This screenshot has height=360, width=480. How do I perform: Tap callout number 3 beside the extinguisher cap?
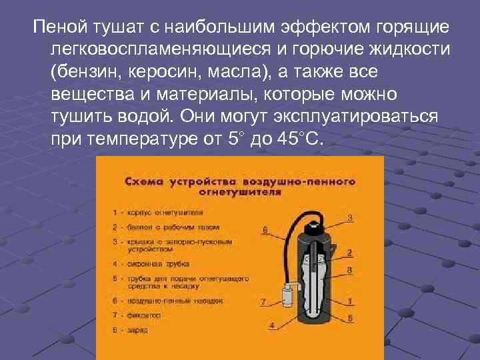[x=350, y=217]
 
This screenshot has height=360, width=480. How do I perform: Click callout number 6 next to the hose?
[x=265, y=230]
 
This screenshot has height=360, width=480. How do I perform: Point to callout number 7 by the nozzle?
[x=263, y=302]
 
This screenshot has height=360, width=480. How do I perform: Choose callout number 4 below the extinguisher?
[x=272, y=325]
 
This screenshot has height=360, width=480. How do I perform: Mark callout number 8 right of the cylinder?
[x=350, y=269]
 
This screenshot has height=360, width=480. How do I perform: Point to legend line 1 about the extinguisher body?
[x=161, y=213]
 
